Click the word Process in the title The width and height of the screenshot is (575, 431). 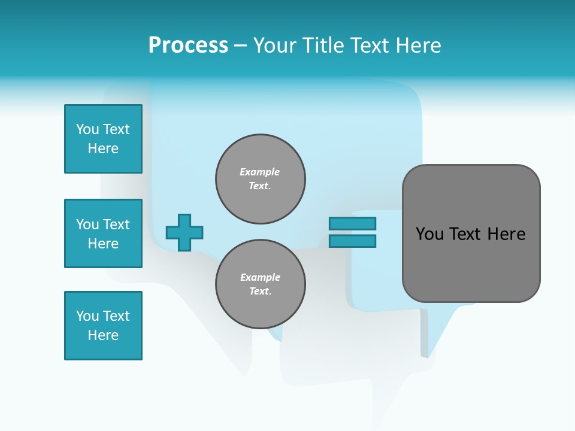(188, 45)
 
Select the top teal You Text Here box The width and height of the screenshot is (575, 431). (103, 139)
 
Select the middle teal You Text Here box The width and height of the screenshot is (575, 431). (103, 233)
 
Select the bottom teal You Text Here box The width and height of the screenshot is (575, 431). (103, 326)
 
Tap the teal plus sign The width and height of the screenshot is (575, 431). (184, 232)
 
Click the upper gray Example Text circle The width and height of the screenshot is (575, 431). (261, 179)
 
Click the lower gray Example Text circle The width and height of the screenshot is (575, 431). (261, 284)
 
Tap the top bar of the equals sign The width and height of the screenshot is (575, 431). (352, 223)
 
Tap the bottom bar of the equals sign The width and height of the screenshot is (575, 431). (352, 241)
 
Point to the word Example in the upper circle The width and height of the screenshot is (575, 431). (259, 172)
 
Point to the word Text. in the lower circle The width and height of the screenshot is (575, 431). (260, 292)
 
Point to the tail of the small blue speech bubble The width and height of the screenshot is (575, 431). (432, 335)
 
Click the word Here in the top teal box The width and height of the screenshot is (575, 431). (103, 148)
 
